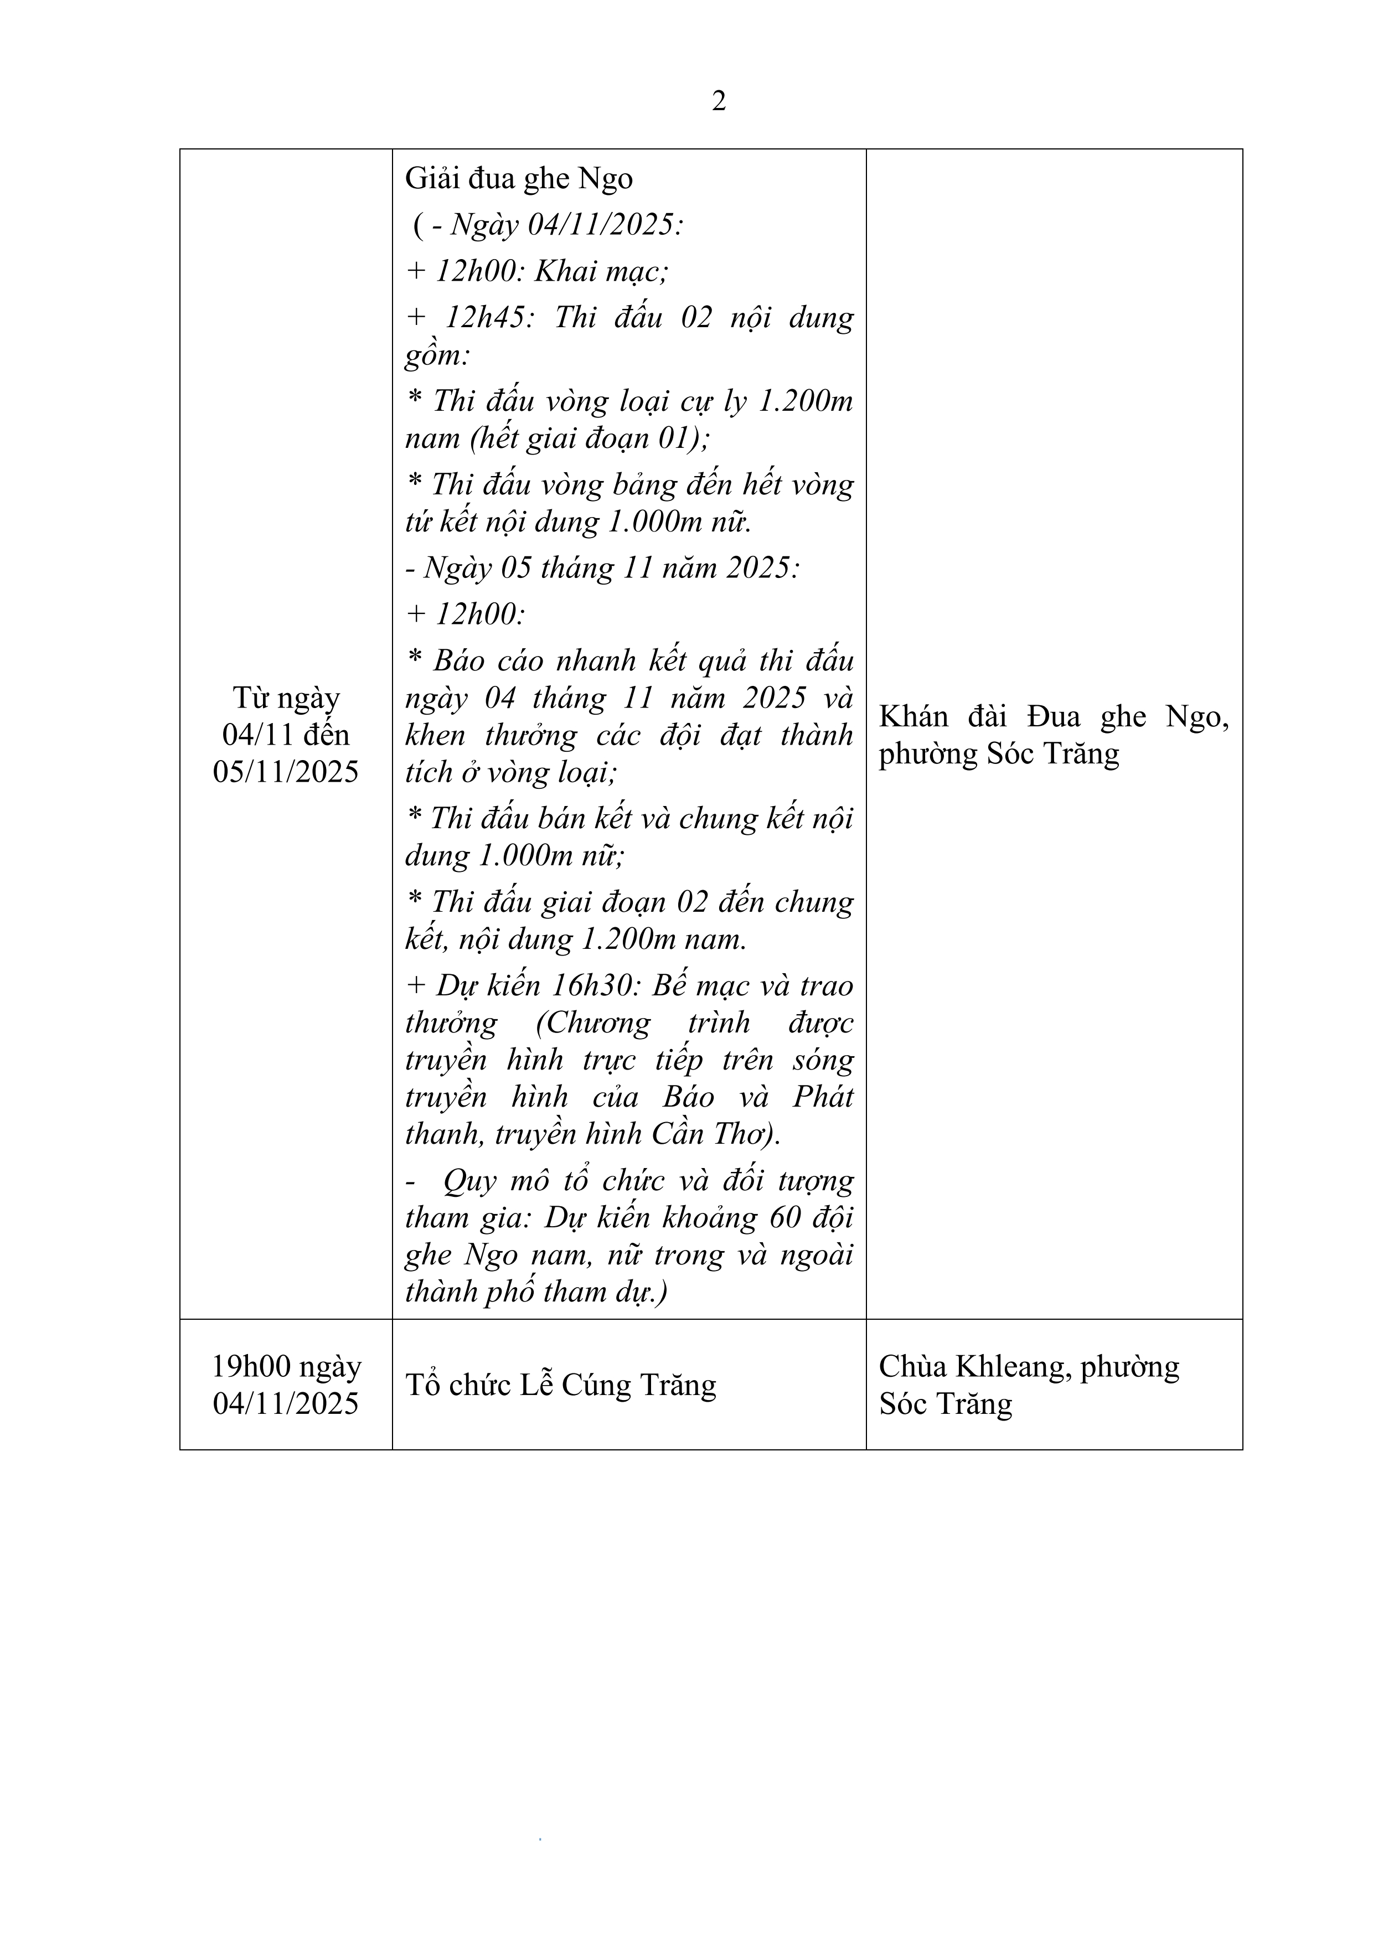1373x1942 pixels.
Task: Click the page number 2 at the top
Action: coord(718,101)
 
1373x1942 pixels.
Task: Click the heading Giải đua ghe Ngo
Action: coord(519,178)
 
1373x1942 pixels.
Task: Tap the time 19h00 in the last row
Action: coord(250,1367)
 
